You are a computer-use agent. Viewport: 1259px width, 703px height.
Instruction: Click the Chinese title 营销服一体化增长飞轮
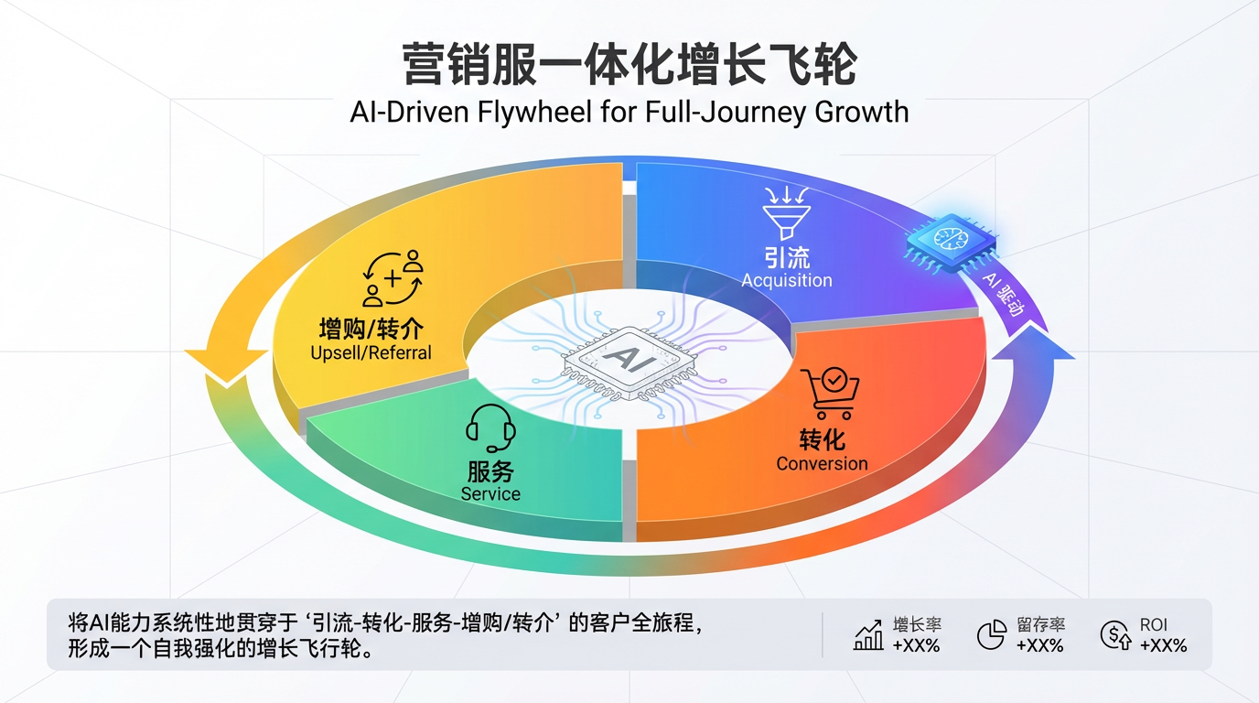629,66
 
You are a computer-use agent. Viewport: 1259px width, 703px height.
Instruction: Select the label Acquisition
787,280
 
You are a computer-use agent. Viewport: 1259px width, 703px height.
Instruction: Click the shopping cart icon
828,394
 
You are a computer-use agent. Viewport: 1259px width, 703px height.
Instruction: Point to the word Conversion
822,463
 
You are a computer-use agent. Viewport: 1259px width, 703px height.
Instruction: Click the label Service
490,494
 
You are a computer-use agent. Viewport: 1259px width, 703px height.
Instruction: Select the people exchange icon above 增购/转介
394,278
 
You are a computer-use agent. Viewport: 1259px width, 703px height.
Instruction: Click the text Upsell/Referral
371,352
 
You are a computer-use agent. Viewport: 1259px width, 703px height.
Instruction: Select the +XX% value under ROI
1163,645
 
